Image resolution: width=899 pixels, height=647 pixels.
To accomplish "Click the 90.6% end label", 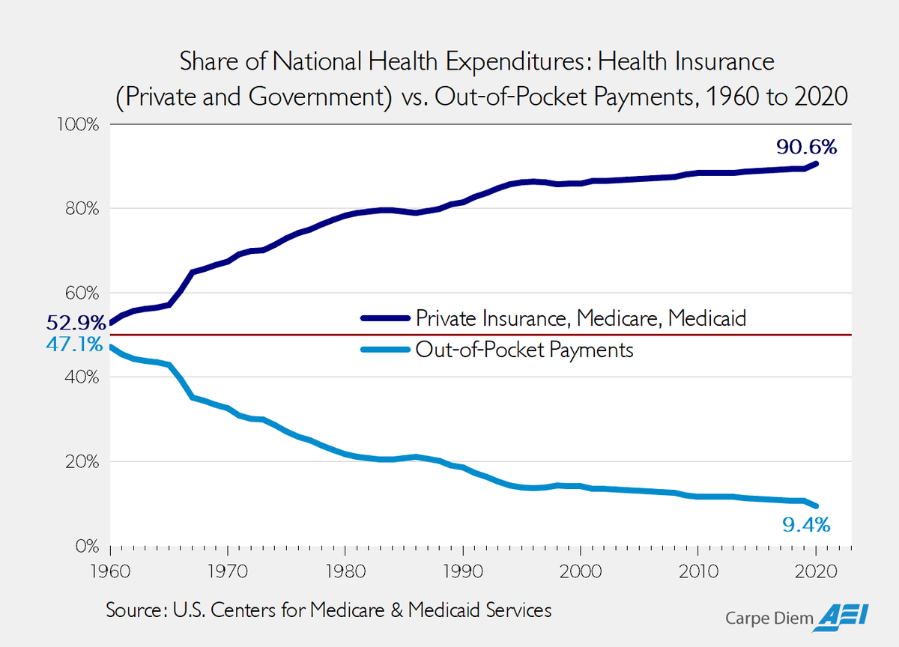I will [x=806, y=147].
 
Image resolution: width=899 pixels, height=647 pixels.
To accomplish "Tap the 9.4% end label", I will [x=807, y=524].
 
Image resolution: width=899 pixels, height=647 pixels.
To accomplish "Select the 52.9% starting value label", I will [x=76, y=323].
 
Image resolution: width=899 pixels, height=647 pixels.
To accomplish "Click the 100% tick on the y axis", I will [x=78, y=124].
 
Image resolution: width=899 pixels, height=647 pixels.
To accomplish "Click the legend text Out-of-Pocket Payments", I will [x=524, y=350].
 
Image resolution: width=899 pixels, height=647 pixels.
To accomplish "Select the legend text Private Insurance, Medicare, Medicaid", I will [x=581, y=318].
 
